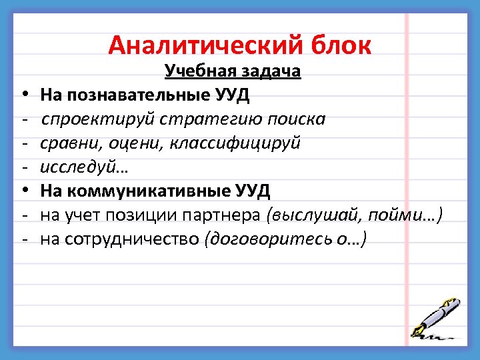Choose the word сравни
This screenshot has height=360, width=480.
(x=64, y=143)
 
